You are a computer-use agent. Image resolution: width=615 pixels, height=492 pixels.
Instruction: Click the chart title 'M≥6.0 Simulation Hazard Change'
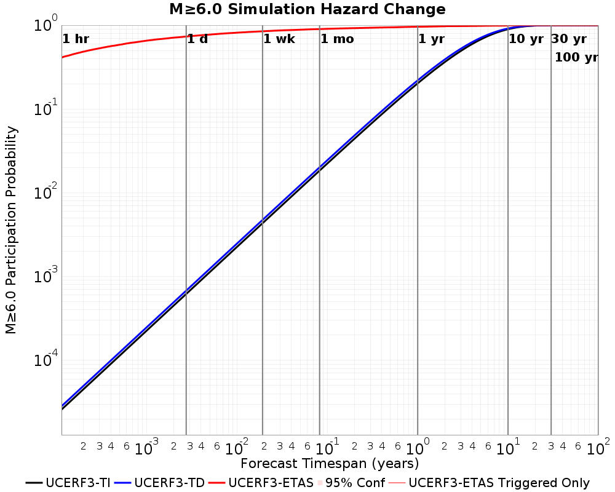(x=307, y=9)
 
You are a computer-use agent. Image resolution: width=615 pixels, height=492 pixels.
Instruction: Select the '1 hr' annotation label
(x=76, y=39)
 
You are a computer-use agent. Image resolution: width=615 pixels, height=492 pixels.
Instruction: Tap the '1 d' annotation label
(x=197, y=39)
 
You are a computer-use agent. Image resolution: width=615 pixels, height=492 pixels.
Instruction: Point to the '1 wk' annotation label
(x=279, y=39)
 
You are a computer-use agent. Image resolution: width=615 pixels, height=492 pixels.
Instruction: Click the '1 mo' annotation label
(x=337, y=39)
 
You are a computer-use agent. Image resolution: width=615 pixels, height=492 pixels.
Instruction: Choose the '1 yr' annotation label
(x=432, y=39)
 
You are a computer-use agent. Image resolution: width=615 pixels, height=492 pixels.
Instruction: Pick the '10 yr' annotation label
(x=526, y=39)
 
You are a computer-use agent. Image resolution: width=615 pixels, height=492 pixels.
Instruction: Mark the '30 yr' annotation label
(x=569, y=39)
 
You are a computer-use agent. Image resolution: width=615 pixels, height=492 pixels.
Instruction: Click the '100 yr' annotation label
(x=577, y=57)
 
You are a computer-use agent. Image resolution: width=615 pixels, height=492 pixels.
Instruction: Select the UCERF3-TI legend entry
(x=68, y=483)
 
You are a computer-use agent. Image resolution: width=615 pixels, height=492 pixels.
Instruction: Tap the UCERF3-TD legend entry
(x=160, y=483)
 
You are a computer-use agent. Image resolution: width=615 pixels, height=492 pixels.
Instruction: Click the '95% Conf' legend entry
(x=351, y=483)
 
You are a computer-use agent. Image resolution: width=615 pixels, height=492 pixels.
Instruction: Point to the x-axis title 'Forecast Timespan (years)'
(x=330, y=463)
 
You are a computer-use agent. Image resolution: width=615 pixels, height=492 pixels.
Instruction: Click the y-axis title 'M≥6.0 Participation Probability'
(x=11, y=230)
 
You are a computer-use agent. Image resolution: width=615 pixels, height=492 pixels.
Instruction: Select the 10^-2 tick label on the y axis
(x=46, y=193)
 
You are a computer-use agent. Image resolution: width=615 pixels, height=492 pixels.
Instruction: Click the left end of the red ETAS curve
(x=62, y=57)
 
